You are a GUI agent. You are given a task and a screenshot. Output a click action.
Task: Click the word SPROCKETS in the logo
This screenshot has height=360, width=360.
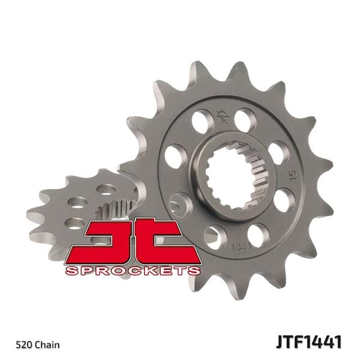pyautogui.click(x=133, y=271)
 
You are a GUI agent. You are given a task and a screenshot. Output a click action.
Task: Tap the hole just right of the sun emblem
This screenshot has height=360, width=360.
pyautogui.click(x=246, y=120)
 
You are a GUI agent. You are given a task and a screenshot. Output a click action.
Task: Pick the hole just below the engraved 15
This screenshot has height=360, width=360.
pyautogui.click(x=283, y=200)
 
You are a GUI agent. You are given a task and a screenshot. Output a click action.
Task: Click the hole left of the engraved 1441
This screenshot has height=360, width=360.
pyautogui.click(x=214, y=237)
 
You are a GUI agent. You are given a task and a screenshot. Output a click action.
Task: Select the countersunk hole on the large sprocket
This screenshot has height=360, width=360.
pyautogui.click(x=181, y=204)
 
